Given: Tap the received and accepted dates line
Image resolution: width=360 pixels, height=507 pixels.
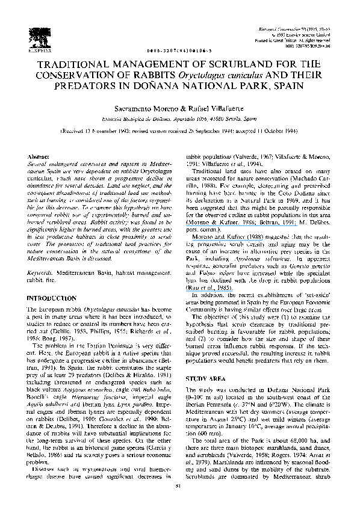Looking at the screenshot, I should click(x=180, y=131).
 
